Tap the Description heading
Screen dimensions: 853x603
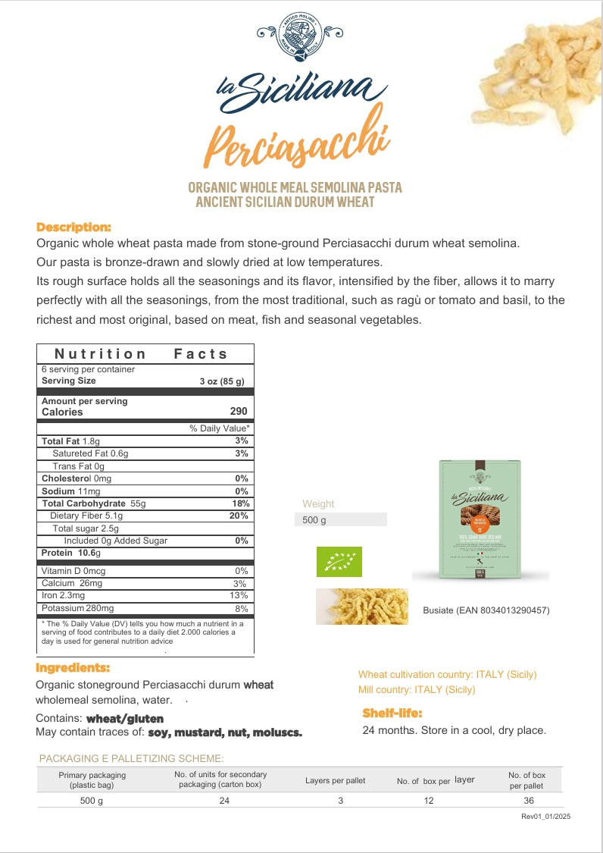click(x=73, y=227)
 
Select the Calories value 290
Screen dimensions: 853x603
click(x=238, y=412)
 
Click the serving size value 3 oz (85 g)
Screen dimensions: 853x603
click(x=221, y=381)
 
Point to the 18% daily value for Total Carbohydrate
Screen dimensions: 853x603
click(x=241, y=503)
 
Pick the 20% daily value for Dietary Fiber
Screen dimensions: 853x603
click(x=239, y=516)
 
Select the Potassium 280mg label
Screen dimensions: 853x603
click(x=77, y=609)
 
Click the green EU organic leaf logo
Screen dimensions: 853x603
click(x=339, y=562)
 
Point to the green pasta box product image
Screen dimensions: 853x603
click(x=480, y=520)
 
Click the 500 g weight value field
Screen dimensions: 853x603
click(x=340, y=520)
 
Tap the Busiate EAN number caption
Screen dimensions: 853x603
click(x=486, y=610)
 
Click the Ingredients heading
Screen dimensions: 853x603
click(x=73, y=668)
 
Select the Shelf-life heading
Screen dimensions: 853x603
click(x=392, y=713)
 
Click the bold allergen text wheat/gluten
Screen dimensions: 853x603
click(x=124, y=718)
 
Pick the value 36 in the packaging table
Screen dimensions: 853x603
click(x=527, y=801)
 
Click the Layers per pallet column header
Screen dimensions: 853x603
click(x=335, y=780)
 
